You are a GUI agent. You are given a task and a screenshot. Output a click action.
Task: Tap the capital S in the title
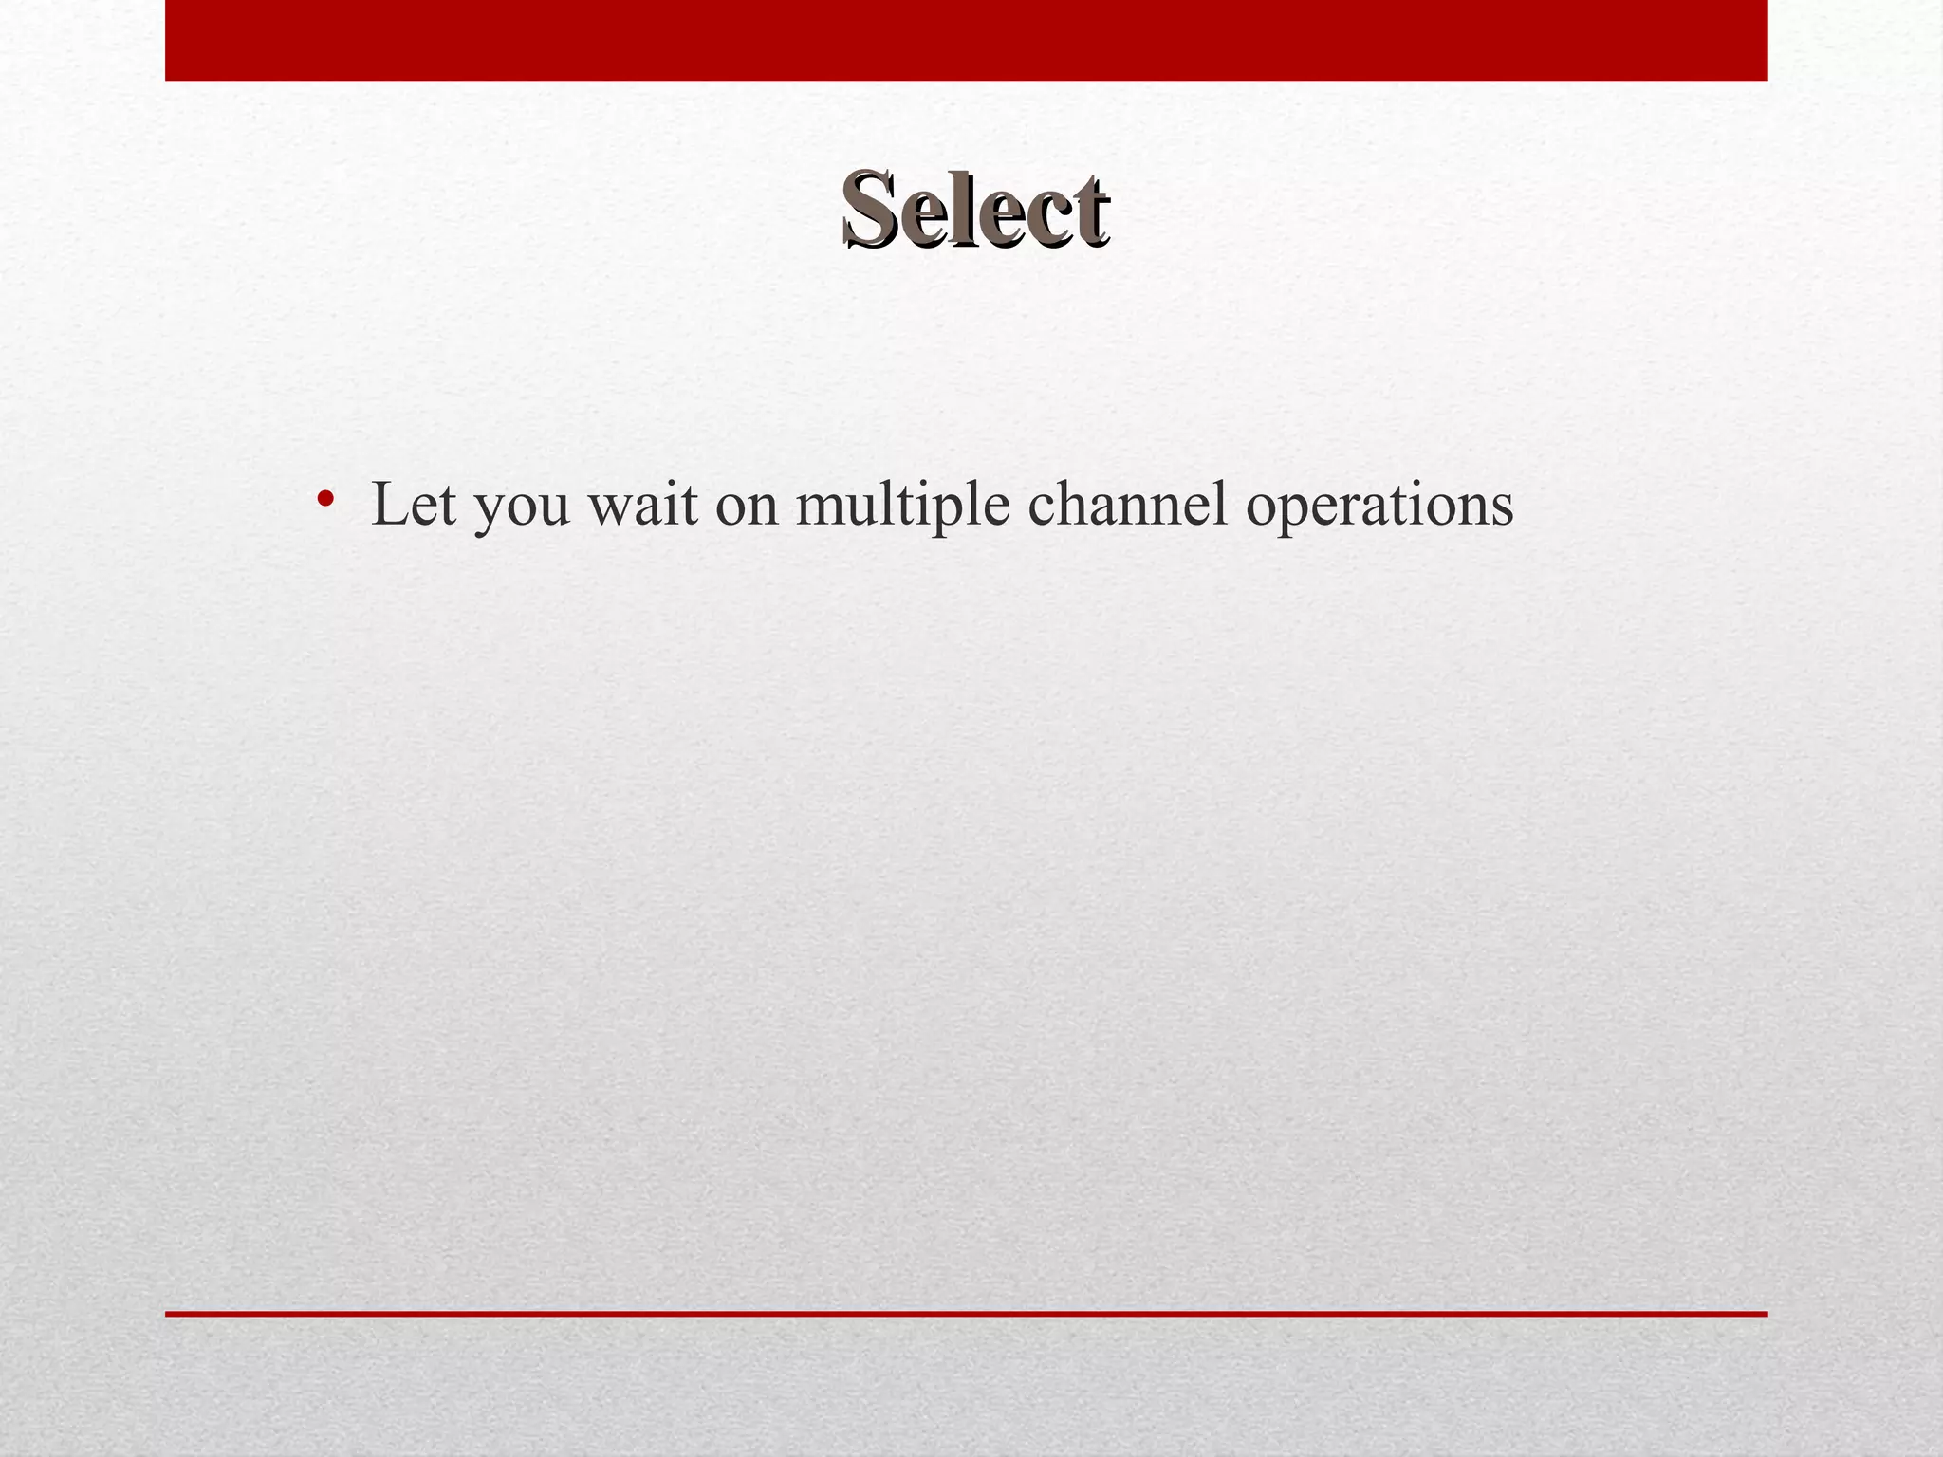[872, 208]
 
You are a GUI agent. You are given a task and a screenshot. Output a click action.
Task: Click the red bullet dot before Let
[325, 498]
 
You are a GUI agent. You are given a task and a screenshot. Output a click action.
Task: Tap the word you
[522, 508]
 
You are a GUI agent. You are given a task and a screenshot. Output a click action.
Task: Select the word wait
[642, 504]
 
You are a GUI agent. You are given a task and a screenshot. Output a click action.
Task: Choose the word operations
[1379, 506]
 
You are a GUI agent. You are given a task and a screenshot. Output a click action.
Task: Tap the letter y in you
[490, 512]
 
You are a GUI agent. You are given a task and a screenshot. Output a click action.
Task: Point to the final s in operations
[1502, 509]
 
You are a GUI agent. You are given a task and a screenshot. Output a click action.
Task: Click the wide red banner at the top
[966, 40]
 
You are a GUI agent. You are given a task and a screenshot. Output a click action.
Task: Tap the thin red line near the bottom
[966, 1314]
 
